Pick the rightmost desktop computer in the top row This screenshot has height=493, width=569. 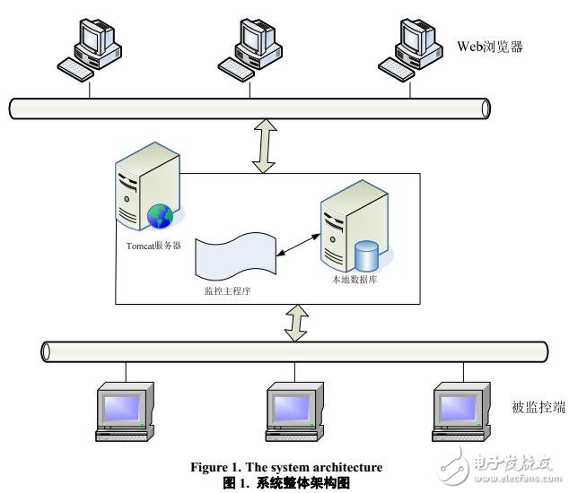click(412, 45)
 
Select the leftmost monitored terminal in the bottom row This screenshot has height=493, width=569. click(125, 409)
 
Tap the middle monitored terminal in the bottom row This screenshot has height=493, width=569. click(295, 409)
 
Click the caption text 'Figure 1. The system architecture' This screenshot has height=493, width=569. click(286, 467)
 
